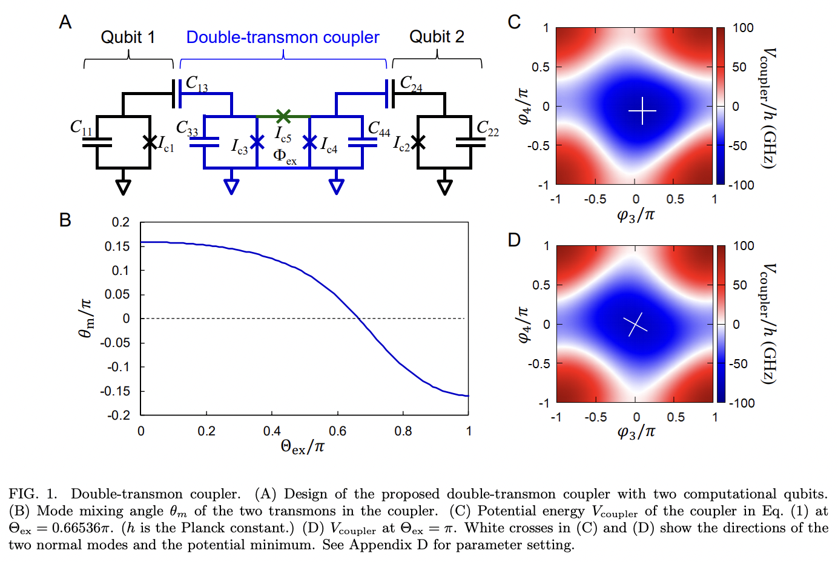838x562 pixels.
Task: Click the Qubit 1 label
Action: click(x=128, y=38)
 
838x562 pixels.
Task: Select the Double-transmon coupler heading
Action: click(x=282, y=38)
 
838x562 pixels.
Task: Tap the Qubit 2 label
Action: click(x=437, y=37)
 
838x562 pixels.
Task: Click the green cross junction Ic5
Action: click(x=283, y=116)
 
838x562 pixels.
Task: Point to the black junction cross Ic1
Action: click(x=150, y=142)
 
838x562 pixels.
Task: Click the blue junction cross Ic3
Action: click(x=257, y=142)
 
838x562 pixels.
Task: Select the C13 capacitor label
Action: click(x=197, y=83)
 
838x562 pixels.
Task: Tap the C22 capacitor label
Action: click(x=487, y=128)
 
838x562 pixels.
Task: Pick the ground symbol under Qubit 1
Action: click(x=124, y=187)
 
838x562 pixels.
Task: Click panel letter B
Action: click(x=65, y=220)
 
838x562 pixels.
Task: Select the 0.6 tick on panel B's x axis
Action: click(x=337, y=431)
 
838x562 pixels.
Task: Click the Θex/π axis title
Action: click(x=302, y=448)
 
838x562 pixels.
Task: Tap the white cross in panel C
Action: click(x=642, y=111)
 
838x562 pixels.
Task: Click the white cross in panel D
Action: click(x=635, y=325)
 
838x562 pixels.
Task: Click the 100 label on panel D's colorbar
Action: click(x=744, y=246)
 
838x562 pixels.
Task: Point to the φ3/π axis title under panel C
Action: click(x=635, y=216)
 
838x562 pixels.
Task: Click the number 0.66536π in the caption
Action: click(x=82, y=528)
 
